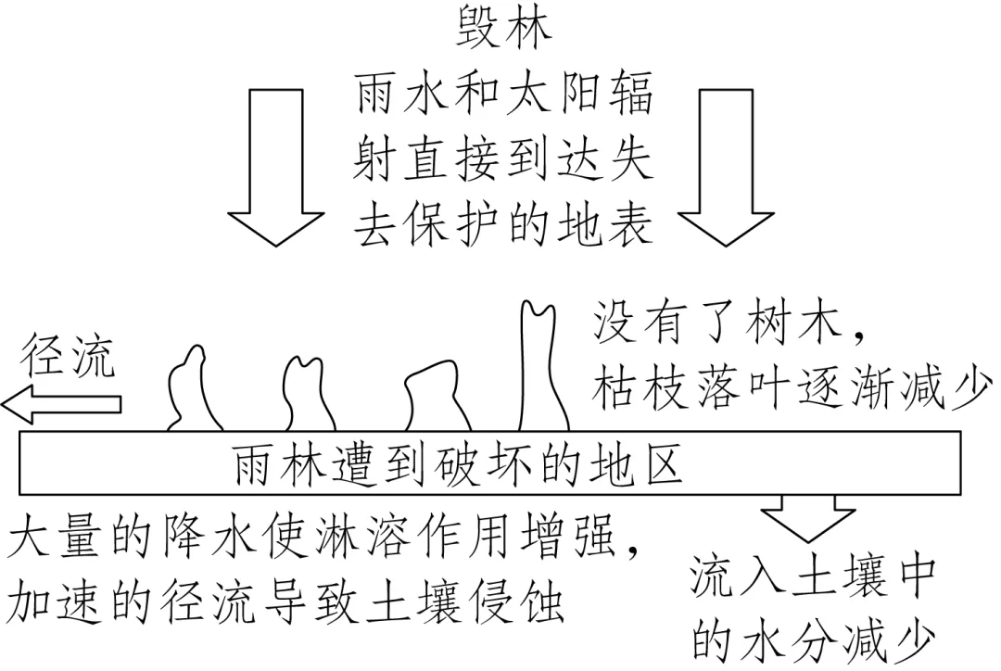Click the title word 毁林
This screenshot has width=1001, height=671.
click(504, 31)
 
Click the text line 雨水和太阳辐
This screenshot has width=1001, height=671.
click(504, 94)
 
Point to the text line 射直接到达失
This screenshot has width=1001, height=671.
click(504, 158)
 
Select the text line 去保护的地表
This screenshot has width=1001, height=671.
click(504, 223)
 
